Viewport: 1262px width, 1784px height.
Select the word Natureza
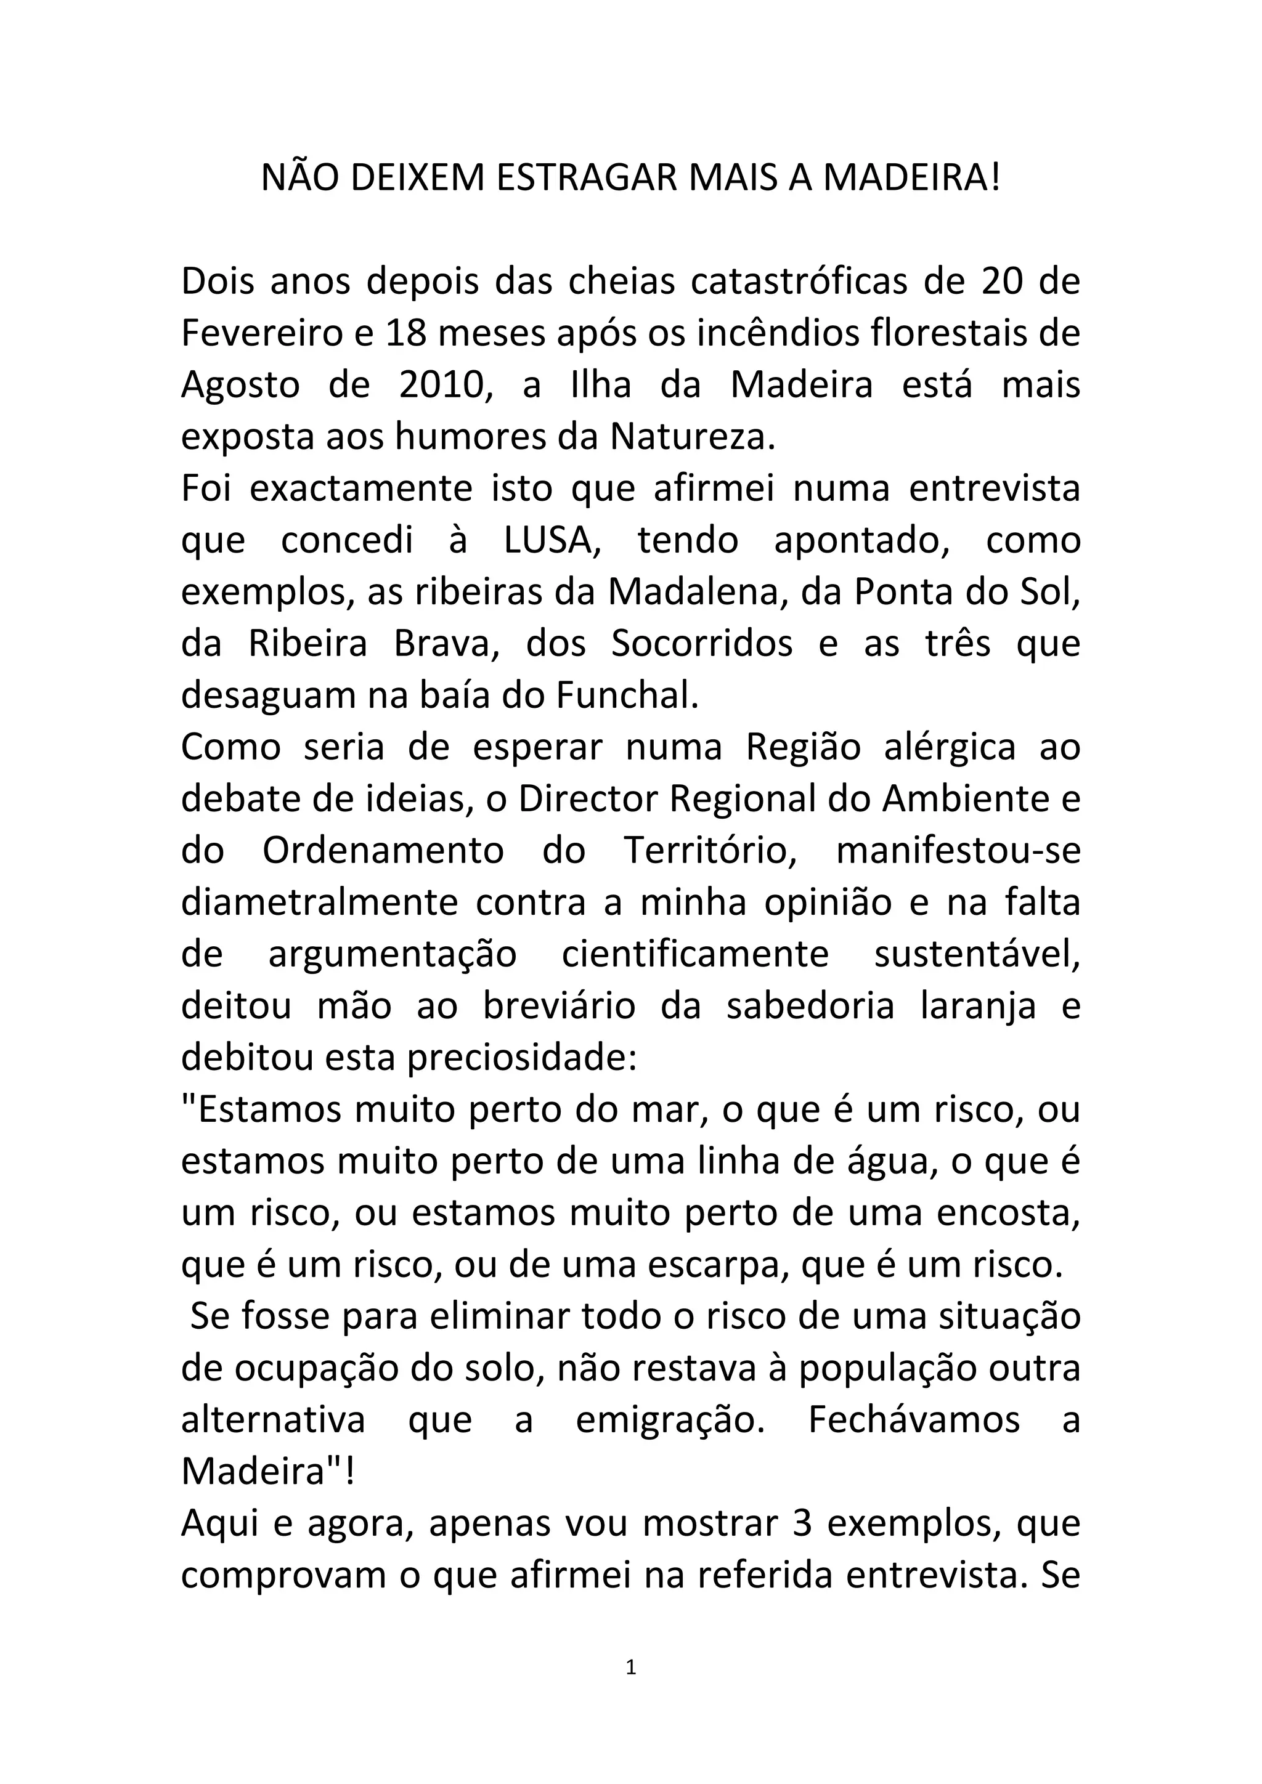coord(693,437)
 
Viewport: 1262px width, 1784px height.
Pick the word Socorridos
coord(702,644)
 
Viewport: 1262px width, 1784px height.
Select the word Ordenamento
coord(383,851)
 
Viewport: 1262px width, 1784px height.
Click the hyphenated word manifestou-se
coord(958,851)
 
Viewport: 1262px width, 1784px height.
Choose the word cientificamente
coord(696,954)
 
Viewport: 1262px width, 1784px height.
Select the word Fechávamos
coord(914,1421)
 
